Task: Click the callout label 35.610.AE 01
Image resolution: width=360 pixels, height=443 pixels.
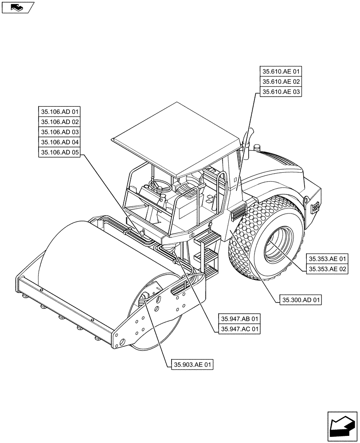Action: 281,72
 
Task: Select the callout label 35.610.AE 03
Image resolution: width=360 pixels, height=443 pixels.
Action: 281,92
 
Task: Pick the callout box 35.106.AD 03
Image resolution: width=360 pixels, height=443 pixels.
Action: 60,132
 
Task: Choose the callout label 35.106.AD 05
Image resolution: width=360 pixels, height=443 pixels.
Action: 60,152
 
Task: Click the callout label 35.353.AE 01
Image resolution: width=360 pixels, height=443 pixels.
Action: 328,259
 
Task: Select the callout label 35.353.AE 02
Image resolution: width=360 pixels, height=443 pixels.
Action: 328,269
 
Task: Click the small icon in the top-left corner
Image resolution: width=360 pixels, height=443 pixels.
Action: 18,7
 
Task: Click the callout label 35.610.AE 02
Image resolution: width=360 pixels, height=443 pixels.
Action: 281,82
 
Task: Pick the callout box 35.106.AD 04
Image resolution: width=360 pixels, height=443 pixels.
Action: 60,142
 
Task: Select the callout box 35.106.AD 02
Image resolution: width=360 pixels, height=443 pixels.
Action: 60,122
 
